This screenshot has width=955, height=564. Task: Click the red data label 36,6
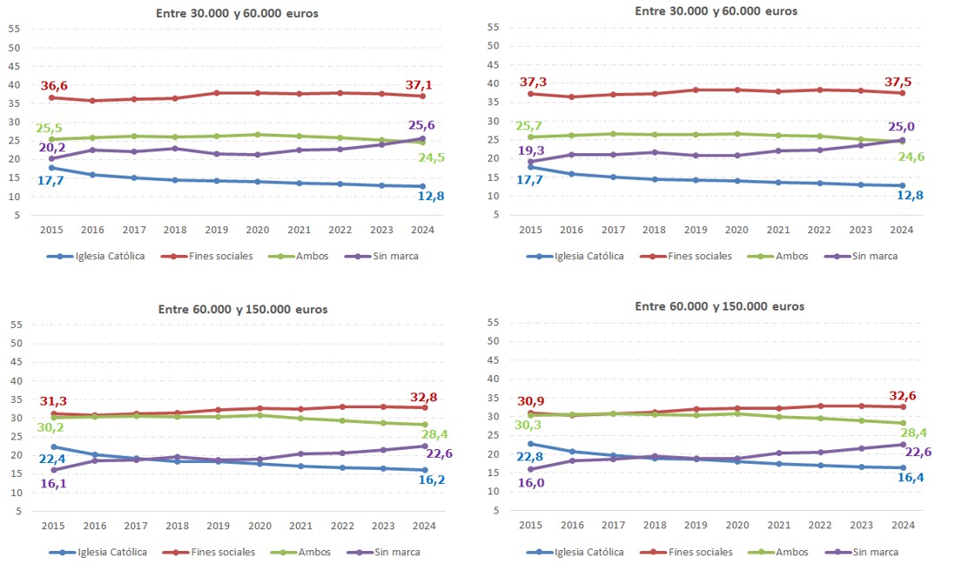pos(54,86)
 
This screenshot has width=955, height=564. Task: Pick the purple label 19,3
pos(530,150)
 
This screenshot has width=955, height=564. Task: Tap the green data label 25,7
pos(530,126)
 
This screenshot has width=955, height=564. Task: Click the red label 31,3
pos(54,401)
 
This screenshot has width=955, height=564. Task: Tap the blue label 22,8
pos(530,457)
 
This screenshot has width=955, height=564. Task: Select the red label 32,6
pos(905,394)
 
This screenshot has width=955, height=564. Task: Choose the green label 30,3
pos(530,426)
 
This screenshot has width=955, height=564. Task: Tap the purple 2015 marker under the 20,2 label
pos(51,158)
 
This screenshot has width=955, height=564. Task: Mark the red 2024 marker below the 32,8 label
pos(423,407)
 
